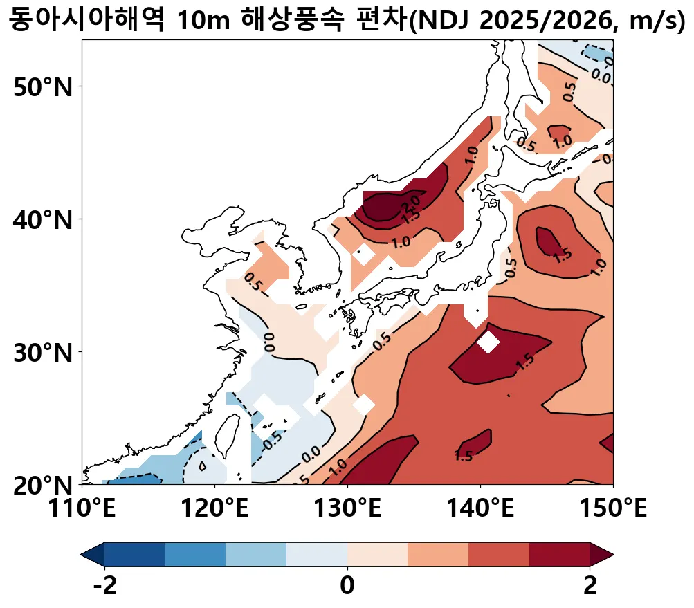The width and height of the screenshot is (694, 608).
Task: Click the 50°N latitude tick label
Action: coord(43,87)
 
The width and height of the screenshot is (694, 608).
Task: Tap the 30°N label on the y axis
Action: coord(43,353)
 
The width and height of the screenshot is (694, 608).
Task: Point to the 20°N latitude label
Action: coord(43,486)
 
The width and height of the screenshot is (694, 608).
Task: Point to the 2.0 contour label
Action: coord(413,201)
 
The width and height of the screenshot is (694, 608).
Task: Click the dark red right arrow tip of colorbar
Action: coord(603,554)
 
